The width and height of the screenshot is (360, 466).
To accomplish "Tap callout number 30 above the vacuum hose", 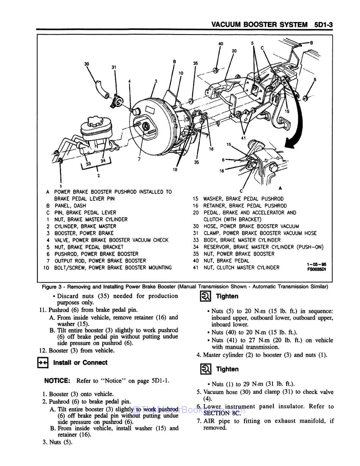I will tap(87, 64).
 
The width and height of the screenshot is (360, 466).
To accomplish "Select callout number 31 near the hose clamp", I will tap(114, 67).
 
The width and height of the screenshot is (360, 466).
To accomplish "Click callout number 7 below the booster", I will tap(139, 160).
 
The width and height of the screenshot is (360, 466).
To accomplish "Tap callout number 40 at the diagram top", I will tap(221, 44).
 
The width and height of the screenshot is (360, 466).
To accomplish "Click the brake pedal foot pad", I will tap(284, 121).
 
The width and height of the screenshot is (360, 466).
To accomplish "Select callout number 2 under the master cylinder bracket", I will tap(99, 176).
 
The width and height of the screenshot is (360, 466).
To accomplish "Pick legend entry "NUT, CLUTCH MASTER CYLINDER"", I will tap(241, 268).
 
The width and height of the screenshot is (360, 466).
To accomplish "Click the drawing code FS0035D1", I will tap(317, 270).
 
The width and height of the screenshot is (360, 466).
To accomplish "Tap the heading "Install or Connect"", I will tap(80, 362).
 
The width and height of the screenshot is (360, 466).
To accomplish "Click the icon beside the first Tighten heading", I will tap(205, 297).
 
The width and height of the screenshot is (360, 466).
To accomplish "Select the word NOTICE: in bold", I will tap(57, 381).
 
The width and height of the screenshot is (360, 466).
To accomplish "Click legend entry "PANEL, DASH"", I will tap(70, 206).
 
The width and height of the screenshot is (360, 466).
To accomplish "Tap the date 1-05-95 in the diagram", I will tap(316, 265).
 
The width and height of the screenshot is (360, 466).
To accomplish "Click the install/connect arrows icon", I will tap(43, 363).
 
